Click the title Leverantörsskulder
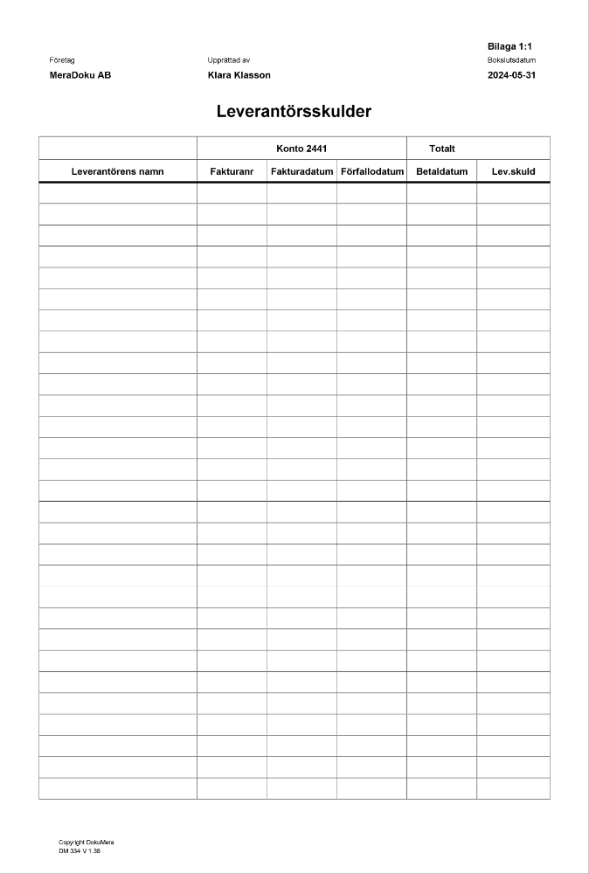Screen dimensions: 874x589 tap(294, 112)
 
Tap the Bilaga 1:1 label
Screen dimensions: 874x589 tap(509, 45)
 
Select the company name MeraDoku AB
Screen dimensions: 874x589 tap(80, 75)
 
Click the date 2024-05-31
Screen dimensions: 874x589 tap(511, 75)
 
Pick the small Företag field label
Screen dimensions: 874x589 tap(62, 60)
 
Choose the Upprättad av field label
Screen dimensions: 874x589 tap(229, 60)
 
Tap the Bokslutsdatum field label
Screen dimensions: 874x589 tap(511, 60)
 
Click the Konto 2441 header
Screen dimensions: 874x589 tap(301, 149)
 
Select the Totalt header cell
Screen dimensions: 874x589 tap(442, 149)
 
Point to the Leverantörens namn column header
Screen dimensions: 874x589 tap(117, 171)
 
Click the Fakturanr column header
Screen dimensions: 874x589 tap(232, 171)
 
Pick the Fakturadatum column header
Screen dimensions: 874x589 tap(301, 171)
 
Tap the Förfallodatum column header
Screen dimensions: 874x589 tap(371, 171)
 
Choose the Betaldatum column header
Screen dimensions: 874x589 tap(442, 171)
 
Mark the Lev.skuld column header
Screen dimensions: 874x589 tap(513, 171)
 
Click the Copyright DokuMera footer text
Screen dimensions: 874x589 tap(87, 843)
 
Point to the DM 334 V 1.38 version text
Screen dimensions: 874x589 tap(80, 850)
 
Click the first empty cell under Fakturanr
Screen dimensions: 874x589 tap(232, 193)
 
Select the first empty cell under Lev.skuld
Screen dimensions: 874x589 tap(513, 193)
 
